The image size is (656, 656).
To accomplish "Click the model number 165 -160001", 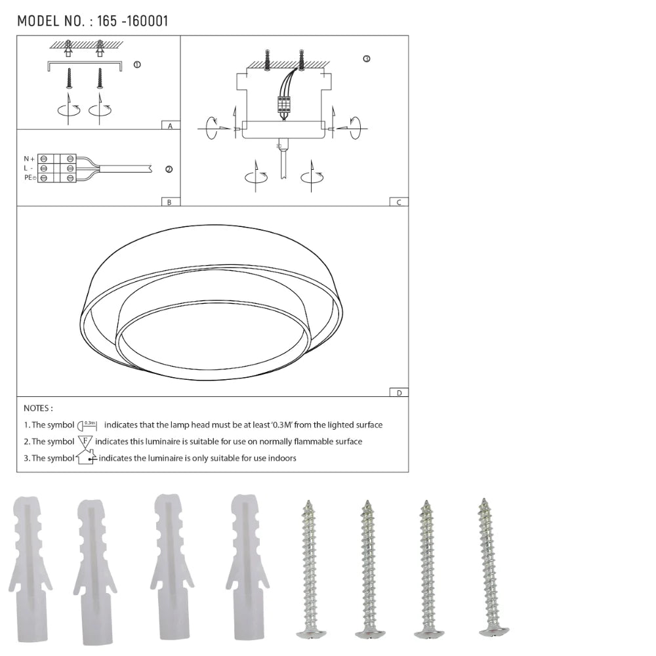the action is coord(133,21).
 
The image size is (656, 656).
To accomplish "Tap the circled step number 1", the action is coord(137,64).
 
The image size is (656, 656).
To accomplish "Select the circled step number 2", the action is coord(169,169).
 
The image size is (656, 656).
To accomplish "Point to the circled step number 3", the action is coord(367,58).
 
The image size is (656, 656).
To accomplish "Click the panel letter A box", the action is coord(171,125).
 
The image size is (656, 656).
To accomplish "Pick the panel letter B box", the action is coord(171,202).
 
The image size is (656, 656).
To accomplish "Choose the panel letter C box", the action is coord(399,202).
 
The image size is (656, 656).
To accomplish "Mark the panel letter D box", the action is coord(399,392).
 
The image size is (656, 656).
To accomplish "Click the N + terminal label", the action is coord(30,159).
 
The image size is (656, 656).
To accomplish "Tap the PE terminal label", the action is coord(30,178).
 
